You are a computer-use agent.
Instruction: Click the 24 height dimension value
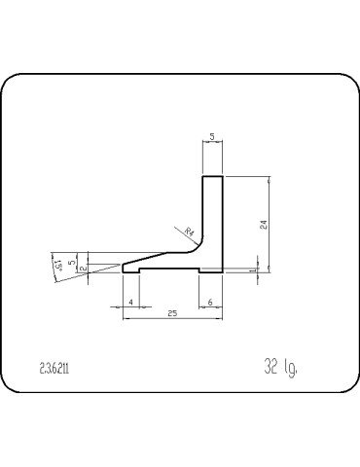pyautogui.click(x=264, y=225)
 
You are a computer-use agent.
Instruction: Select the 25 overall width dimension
pyautogui.click(x=172, y=313)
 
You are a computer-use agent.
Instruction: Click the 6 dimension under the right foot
pyautogui.click(x=211, y=303)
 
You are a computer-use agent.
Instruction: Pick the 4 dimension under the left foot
pyautogui.click(x=131, y=303)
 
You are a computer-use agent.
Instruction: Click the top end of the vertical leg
pyautogui.click(x=212, y=178)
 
